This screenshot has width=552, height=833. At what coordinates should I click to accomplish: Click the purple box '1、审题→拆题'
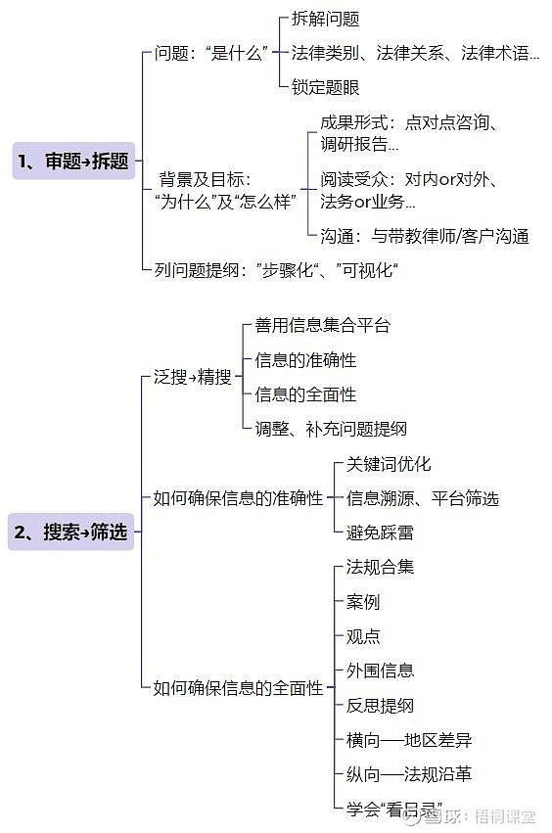tap(73, 161)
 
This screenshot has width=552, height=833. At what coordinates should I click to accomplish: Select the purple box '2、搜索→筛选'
tap(70, 532)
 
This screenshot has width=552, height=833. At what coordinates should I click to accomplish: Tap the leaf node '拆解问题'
tap(326, 20)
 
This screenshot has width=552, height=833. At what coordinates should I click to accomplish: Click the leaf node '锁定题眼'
tap(326, 87)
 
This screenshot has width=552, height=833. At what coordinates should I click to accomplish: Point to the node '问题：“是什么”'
tap(211, 53)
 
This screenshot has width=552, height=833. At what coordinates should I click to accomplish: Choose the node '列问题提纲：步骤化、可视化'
tap(276, 270)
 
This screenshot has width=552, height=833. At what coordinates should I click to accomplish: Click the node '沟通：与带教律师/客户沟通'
tap(425, 236)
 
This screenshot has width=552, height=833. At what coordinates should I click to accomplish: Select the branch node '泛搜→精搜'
tap(193, 377)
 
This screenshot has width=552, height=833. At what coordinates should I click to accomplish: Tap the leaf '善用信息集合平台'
tap(322, 325)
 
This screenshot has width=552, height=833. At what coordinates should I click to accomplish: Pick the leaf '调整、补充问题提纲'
tap(331, 429)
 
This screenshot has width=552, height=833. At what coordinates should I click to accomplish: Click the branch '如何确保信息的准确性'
tap(238, 498)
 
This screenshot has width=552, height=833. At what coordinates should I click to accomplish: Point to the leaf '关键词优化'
tap(389, 464)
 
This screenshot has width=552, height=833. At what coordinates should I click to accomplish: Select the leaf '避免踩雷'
tap(380, 532)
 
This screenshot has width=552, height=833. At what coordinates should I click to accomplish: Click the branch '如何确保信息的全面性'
tap(238, 688)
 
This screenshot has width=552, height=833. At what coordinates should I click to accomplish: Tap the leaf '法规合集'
tap(380, 567)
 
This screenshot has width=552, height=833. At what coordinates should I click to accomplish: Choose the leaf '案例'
tap(363, 602)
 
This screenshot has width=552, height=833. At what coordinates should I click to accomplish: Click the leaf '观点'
tap(363, 636)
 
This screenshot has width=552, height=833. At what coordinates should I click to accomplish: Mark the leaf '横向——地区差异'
tap(409, 740)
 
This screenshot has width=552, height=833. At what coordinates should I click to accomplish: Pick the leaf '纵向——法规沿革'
tap(409, 774)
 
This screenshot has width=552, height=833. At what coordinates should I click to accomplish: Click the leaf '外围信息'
tap(380, 671)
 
